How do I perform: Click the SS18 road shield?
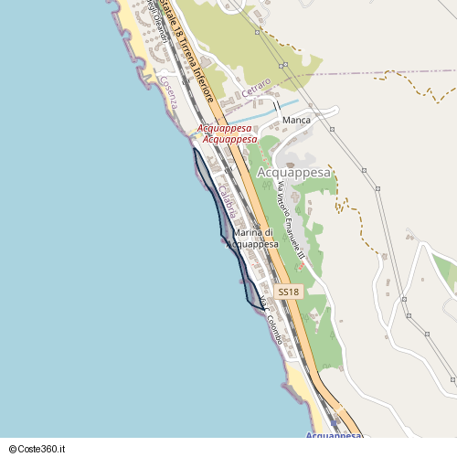(x=288, y=292)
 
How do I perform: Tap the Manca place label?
(x=296, y=120)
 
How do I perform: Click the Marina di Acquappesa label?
(x=250, y=239)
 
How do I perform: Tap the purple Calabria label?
(x=227, y=201)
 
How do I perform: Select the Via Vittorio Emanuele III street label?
(x=290, y=220)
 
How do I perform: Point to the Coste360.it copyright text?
(x=37, y=450)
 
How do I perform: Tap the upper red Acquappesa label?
(x=225, y=129)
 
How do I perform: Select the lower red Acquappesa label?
(x=229, y=139)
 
